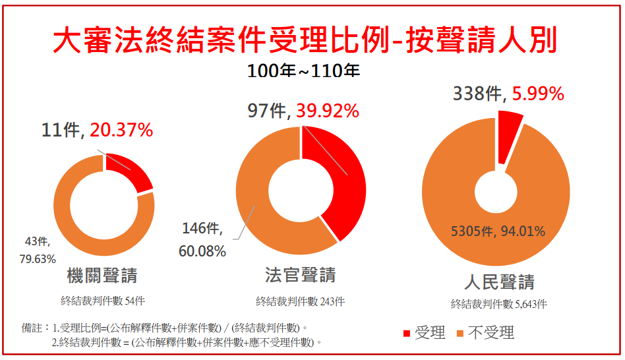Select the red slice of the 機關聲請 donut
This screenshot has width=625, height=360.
click(132, 171)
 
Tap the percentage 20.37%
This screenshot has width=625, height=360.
click(121, 131)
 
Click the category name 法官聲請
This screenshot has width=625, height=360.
click(300, 275)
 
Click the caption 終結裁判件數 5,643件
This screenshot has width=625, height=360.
click(498, 304)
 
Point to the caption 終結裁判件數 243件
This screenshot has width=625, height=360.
click(300, 301)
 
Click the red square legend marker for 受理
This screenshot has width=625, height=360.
click(406, 334)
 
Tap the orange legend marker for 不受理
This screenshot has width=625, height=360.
click(460, 334)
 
